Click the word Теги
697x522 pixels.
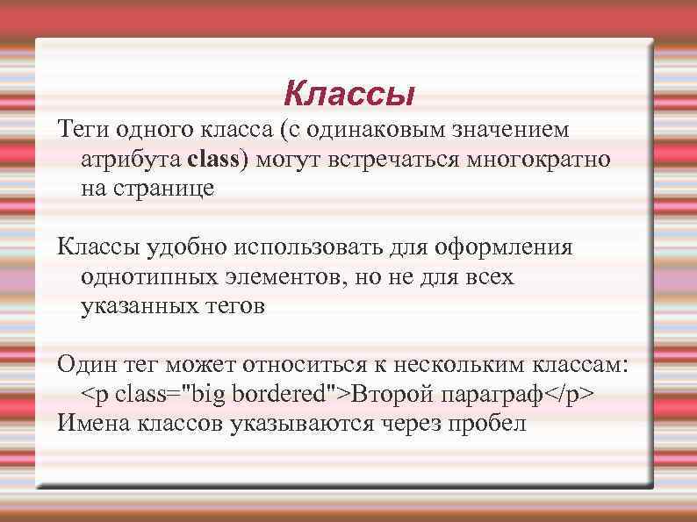[x=83, y=131]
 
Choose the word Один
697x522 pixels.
[x=84, y=364]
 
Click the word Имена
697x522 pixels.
[x=91, y=424]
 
